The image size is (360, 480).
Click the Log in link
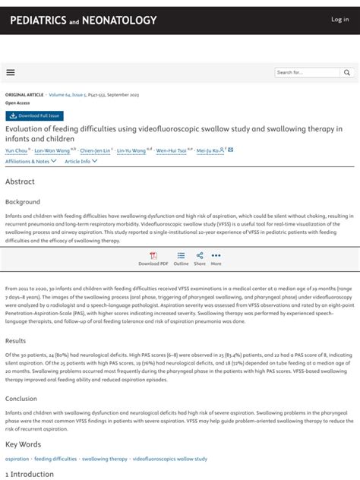[339, 20]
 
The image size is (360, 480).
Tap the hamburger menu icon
[11, 72]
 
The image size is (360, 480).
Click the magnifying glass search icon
[347, 72]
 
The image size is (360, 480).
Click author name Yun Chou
[15, 150]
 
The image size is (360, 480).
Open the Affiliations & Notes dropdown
[30, 161]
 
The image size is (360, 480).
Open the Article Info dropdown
[81, 161]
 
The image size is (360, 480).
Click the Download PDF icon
[153, 257]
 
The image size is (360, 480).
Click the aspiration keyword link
[17, 459]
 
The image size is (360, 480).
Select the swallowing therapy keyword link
[105, 459]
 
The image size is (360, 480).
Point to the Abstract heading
[20, 182]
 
